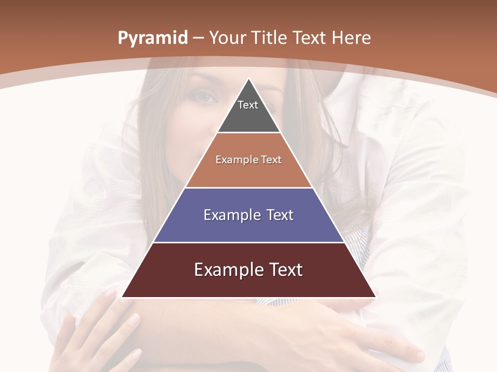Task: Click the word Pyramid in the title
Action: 153,38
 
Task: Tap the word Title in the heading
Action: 270,38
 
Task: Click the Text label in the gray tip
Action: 248,105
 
